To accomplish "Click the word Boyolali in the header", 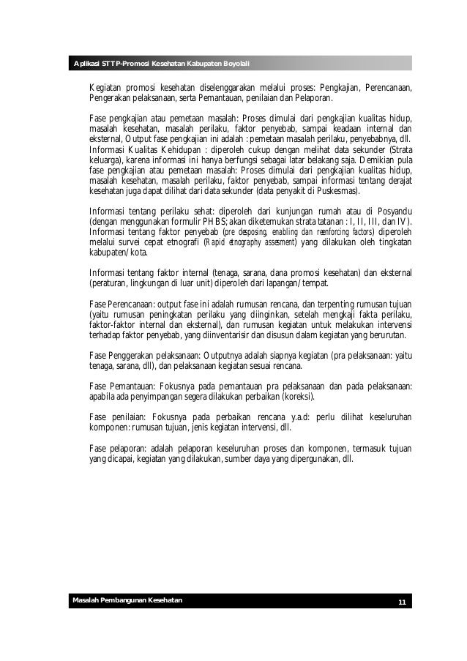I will [232, 64].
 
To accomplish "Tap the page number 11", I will [401, 602].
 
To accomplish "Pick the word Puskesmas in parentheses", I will [338, 191].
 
